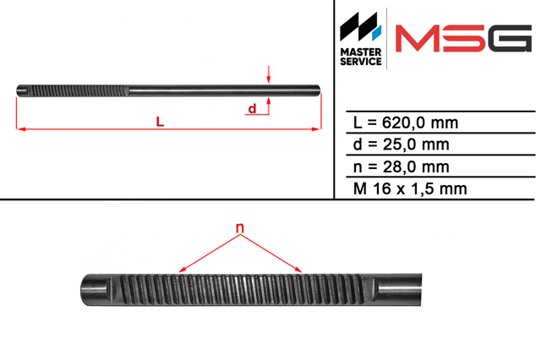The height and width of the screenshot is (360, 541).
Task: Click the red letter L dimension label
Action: tap(160, 122)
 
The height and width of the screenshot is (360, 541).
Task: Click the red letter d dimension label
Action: tap(252, 108)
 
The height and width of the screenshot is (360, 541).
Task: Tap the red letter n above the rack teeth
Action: tap(240, 228)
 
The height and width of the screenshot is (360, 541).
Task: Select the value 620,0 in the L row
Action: tap(401, 123)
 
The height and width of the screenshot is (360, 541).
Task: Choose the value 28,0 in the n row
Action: tap(396, 166)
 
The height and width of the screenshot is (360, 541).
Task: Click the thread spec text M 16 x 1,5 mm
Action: tap(410, 188)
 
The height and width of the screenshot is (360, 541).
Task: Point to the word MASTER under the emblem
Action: tap(361, 52)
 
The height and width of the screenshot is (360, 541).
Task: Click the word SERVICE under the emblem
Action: tap(361, 62)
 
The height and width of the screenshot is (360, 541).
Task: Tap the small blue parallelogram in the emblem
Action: tap(376, 32)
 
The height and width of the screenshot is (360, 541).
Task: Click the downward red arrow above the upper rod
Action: tap(269, 74)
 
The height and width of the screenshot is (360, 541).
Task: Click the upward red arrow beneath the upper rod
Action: tap(269, 106)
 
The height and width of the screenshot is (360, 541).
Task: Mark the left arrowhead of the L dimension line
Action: tap(20, 129)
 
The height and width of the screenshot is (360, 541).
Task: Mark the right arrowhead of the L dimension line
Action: tap(317, 129)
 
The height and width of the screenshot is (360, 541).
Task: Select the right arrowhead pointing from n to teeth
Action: tap(298, 270)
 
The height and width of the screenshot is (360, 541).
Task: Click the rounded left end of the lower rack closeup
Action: tap(84, 290)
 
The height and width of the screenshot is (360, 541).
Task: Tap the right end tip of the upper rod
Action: tap(320, 90)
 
